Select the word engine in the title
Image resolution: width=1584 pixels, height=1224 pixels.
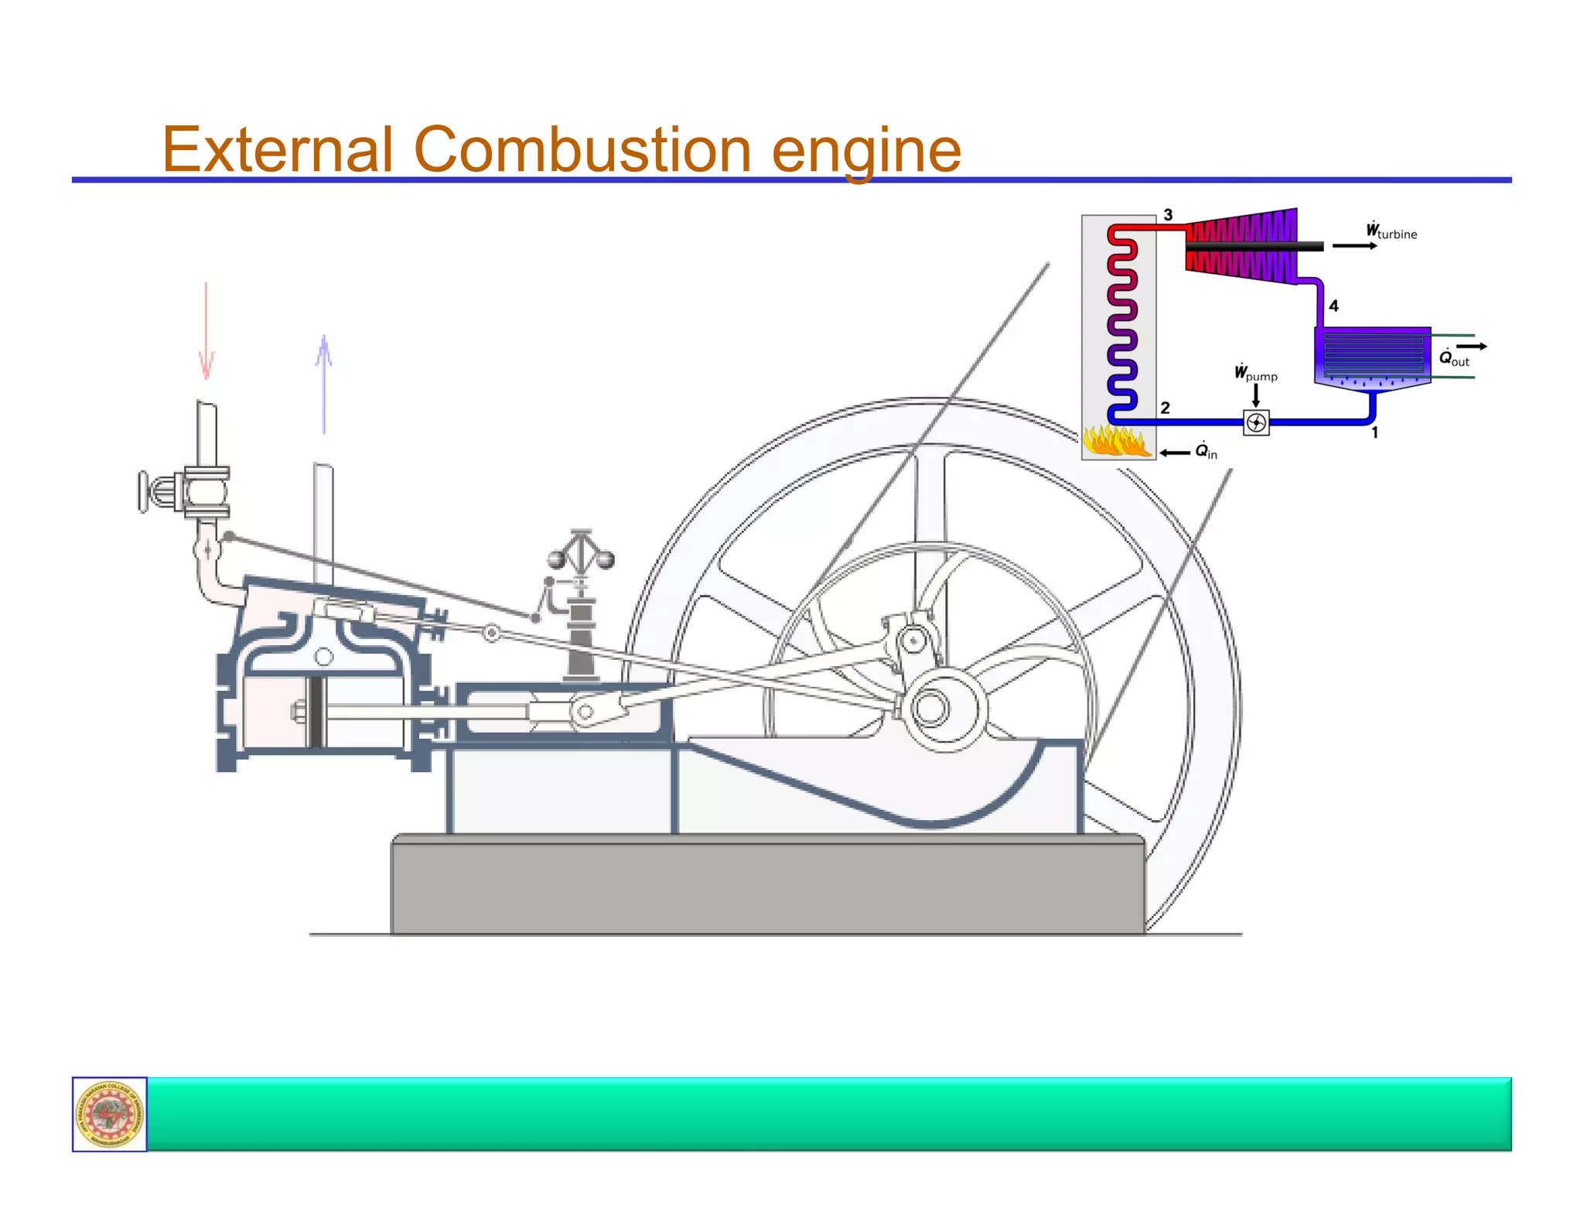pyautogui.click(x=866, y=151)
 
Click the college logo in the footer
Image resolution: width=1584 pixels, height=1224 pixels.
pyautogui.click(x=109, y=1114)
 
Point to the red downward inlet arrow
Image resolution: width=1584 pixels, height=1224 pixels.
pyautogui.click(x=206, y=333)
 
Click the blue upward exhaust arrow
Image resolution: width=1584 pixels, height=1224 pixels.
pyautogui.click(x=324, y=383)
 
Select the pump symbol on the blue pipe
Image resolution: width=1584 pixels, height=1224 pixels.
pyautogui.click(x=1256, y=422)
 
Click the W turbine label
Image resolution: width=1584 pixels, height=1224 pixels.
pyautogui.click(x=1391, y=231)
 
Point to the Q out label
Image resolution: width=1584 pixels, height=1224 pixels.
pyautogui.click(x=1453, y=357)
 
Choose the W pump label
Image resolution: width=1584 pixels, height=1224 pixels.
pyautogui.click(x=1255, y=374)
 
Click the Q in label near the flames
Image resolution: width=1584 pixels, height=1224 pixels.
pyautogui.click(x=1206, y=451)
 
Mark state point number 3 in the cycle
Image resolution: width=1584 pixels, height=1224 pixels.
pyautogui.click(x=1168, y=215)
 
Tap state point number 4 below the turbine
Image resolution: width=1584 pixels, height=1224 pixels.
pyautogui.click(x=1333, y=306)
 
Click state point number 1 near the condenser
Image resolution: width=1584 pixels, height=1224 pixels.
pyautogui.click(x=1374, y=433)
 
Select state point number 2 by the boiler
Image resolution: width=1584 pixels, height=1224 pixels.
pyautogui.click(x=1165, y=408)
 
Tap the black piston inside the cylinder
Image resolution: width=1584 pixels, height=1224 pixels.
pyautogui.click(x=315, y=712)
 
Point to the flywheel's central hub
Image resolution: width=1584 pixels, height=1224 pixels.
pyautogui.click(x=930, y=708)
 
